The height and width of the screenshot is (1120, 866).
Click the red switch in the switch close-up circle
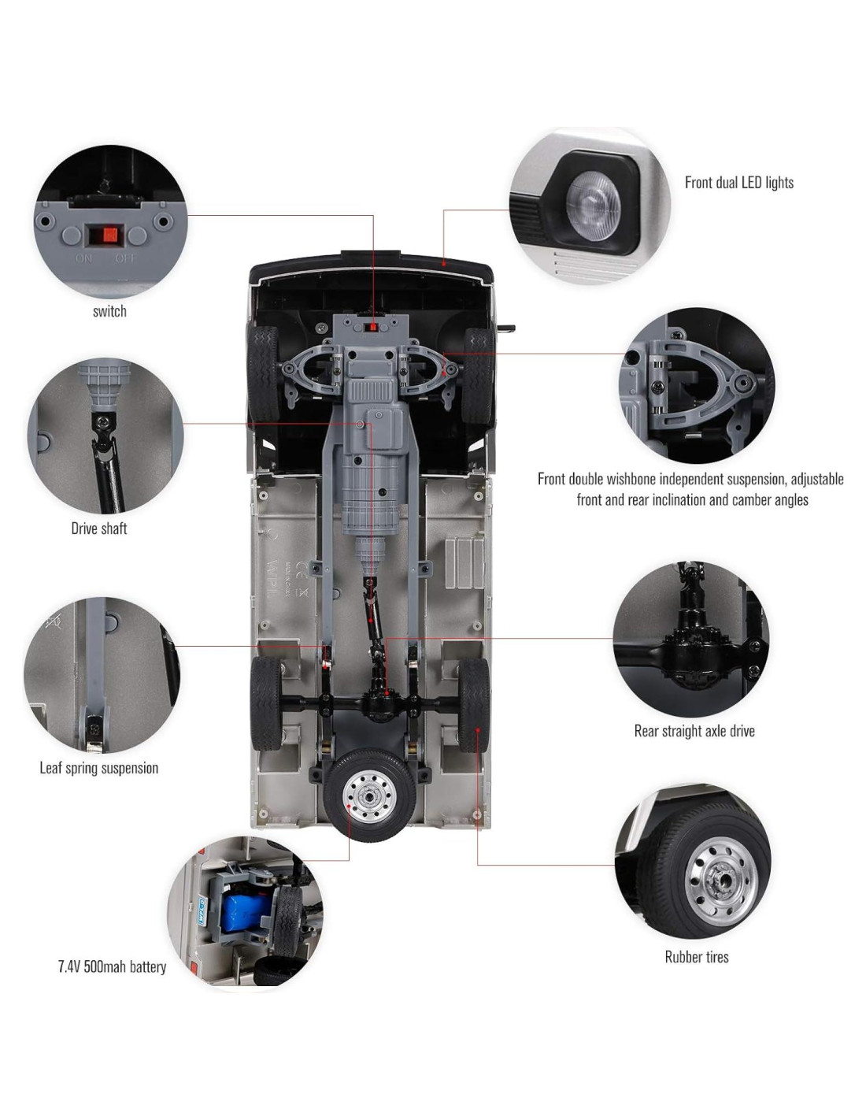pyautogui.click(x=109, y=235)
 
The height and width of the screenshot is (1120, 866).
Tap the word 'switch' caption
pyautogui.click(x=109, y=311)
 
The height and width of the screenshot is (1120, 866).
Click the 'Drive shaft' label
pyautogui.click(x=99, y=528)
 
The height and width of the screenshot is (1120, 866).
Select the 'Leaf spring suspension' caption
pyautogui.click(x=99, y=768)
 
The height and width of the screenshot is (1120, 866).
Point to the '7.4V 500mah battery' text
pyautogui.click(x=113, y=966)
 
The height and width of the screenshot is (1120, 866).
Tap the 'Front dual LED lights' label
pyautogui.click(x=738, y=183)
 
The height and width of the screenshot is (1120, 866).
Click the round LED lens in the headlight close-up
pyautogui.click(x=593, y=204)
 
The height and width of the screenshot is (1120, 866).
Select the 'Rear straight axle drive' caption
pyautogui.click(x=694, y=731)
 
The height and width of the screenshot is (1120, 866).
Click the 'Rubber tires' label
pyautogui.click(x=697, y=957)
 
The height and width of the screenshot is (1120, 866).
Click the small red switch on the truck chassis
pyautogui.click(x=370, y=328)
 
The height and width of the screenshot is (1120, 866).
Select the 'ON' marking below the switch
pyautogui.click(x=83, y=258)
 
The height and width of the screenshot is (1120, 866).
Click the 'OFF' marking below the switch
pyautogui.click(x=125, y=258)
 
